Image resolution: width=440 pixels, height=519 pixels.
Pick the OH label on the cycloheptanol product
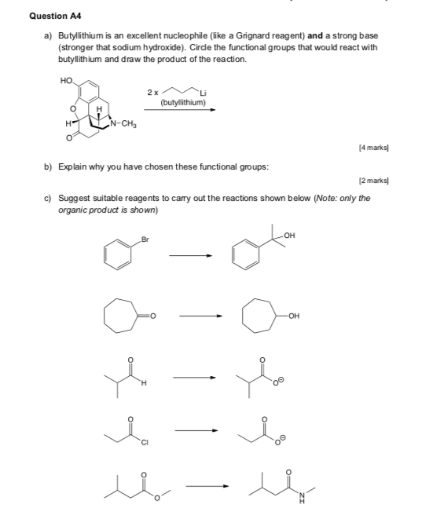[x=295, y=316]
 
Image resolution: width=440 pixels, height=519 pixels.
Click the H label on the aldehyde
[x=144, y=384]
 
